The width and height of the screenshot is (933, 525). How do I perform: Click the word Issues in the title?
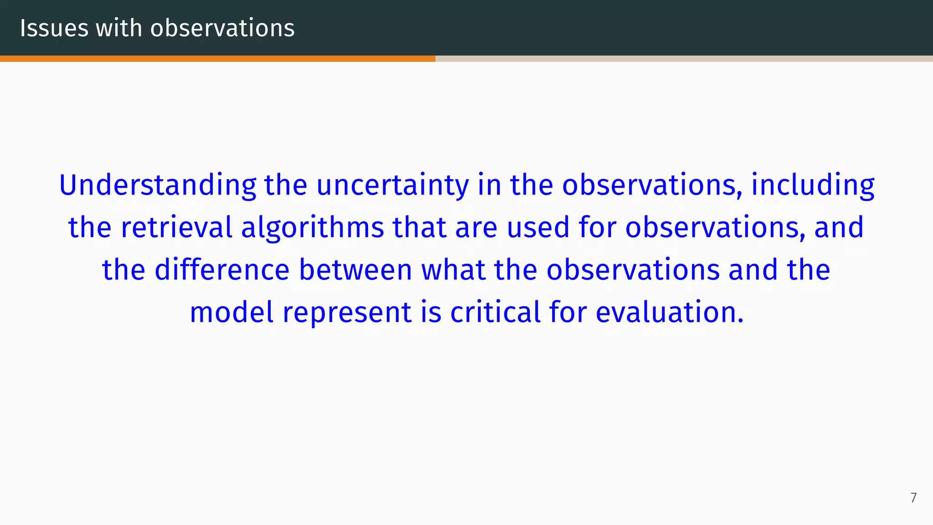pos(54,28)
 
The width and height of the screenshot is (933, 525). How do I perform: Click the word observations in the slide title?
pos(222,28)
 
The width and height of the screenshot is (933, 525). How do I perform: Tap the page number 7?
pos(913,498)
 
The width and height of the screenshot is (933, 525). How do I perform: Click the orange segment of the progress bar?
pos(218,59)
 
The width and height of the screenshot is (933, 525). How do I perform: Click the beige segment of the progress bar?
pos(683,59)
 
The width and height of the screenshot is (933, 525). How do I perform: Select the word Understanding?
pos(158,185)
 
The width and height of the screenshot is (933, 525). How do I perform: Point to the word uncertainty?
pos(392,185)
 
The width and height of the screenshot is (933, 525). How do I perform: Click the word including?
pos(813,185)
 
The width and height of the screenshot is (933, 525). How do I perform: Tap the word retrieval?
pos(177,227)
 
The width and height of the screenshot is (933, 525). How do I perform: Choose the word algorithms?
pos(313,227)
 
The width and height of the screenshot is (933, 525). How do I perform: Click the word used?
pos(538,227)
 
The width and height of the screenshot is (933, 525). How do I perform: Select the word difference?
pos(222,270)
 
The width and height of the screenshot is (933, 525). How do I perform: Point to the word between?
pos(355,270)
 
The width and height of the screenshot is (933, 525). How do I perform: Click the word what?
pos(453,270)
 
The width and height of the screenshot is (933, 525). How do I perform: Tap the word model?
pos(232,312)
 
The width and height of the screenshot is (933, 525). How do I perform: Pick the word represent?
pos(347,312)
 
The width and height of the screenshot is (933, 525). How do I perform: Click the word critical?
pos(495,312)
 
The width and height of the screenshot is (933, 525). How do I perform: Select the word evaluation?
pos(669,312)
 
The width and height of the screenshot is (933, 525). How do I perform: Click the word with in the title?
pos(119,28)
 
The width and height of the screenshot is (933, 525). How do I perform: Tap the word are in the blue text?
pos(476,227)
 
